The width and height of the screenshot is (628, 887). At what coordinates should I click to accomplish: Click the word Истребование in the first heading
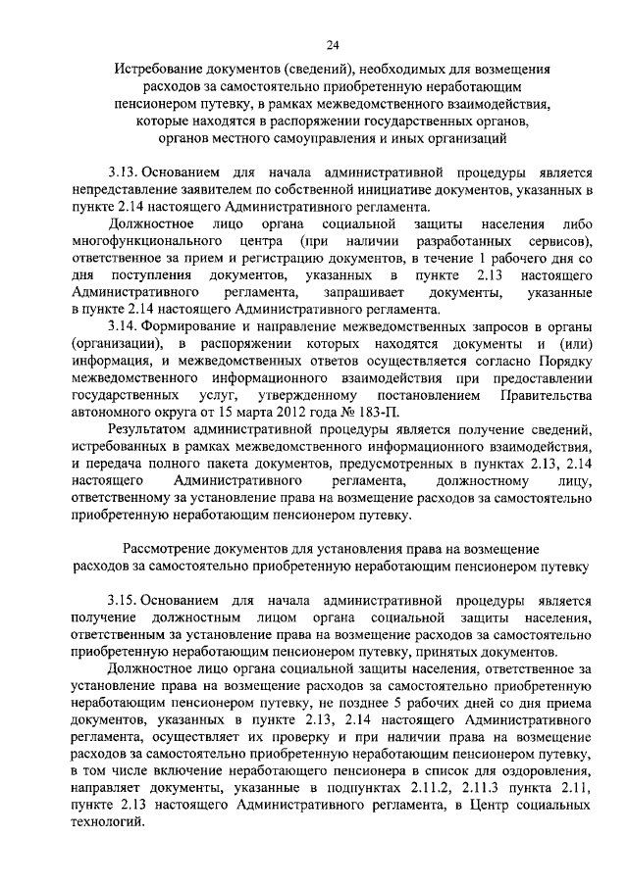click(x=159, y=71)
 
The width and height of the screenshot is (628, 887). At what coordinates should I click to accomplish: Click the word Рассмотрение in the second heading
click(x=174, y=550)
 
